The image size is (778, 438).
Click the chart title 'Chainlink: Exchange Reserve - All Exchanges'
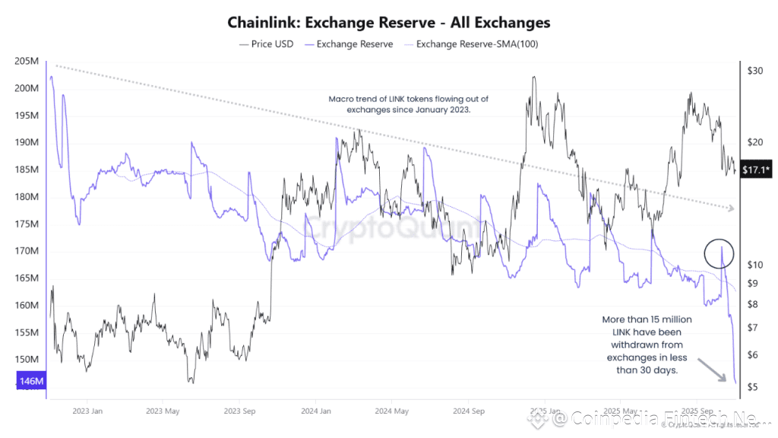click(x=388, y=23)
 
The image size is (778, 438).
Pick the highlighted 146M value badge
click(x=30, y=379)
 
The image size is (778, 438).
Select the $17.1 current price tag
click(x=757, y=169)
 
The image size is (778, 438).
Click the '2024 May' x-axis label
click(x=391, y=411)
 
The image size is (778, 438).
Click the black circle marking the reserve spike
click(x=718, y=251)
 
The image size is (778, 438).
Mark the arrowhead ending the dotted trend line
click(x=732, y=208)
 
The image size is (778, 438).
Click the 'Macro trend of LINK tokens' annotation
click(x=409, y=104)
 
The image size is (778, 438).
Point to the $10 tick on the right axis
click(x=754, y=265)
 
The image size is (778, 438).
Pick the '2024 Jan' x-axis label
click(x=315, y=411)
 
